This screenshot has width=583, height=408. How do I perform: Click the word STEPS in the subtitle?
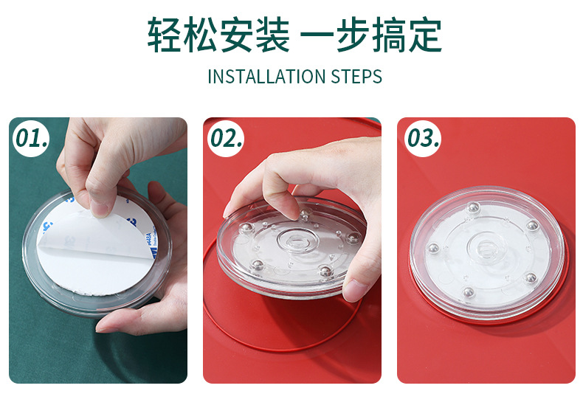coord(356,77)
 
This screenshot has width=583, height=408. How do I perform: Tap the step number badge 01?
coord(31,138)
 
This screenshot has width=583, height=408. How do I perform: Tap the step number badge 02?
coord(226,138)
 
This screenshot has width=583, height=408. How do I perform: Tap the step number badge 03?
coord(423,138)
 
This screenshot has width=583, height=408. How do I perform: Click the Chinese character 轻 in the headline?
coord(165,35)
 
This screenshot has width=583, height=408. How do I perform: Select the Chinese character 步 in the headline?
coord(353,35)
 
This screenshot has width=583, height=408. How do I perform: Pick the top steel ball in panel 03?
coord(473,207)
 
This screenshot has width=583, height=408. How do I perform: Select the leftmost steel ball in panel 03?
coord(433,248)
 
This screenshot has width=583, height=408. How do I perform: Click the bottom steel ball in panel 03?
coord(468,292)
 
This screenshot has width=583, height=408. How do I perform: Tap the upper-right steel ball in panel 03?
coord(532,225)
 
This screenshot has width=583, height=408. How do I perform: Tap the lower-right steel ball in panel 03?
coord(530,277)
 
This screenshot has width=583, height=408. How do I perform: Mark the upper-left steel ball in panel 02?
coord(247,228)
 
